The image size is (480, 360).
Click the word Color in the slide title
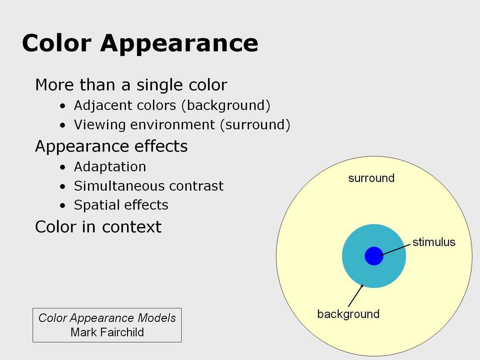[x=56, y=43]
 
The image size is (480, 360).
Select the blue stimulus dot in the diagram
[x=374, y=256]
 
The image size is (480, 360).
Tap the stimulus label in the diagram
[x=434, y=242]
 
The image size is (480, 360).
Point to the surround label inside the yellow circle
[x=371, y=178]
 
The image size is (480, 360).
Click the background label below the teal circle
[x=348, y=314]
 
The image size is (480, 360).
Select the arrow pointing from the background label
[x=356, y=296]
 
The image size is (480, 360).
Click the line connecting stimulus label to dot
[x=396, y=249]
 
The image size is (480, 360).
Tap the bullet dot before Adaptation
[x=63, y=168]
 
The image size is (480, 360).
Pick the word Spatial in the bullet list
[x=96, y=205]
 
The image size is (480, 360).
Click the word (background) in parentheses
[x=226, y=106]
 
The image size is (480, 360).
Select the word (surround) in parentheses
[x=255, y=125]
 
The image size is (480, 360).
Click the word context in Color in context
[x=132, y=227]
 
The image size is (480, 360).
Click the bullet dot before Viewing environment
[x=63, y=125]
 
